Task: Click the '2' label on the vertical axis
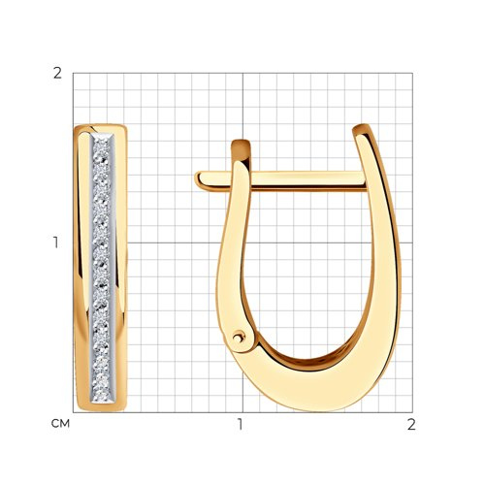57,74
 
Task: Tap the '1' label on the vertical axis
56,242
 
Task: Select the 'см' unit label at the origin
60,424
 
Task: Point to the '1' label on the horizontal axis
240,425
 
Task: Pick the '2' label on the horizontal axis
411,425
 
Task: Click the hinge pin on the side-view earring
239,338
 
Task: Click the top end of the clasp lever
241,143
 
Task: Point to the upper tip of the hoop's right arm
361,127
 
